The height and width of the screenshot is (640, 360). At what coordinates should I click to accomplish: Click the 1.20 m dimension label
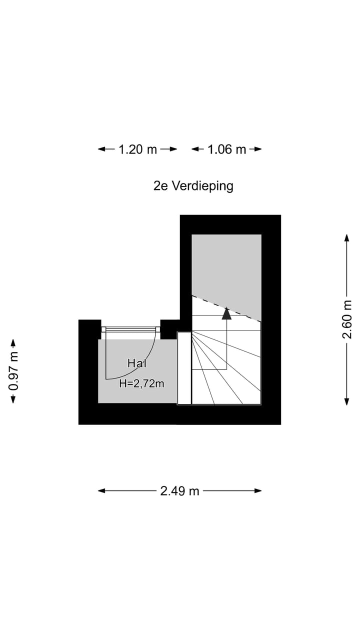pyautogui.click(x=137, y=149)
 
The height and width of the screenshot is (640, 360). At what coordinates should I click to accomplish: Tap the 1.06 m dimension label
pyautogui.click(x=227, y=149)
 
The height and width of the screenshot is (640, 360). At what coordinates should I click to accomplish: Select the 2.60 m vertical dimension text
pyautogui.click(x=347, y=319)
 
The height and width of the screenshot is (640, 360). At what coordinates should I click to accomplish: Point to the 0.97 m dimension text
pyautogui.click(x=13, y=371)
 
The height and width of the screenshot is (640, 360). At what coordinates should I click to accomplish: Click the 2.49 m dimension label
pyautogui.click(x=180, y=491)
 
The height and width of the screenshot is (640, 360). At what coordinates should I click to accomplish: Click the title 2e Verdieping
pyautogui.click(x=193, y=186)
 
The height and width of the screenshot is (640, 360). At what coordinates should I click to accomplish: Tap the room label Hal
pyautogui.click(x=137, y=363)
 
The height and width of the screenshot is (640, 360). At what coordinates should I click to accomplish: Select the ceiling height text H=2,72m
pyautogui.click(x=142, y=383)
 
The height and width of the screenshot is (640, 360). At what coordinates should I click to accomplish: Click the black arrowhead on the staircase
pyautogui.click(x=226, y=313)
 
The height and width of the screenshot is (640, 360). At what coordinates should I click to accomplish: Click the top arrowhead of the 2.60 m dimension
pyautogui.click(x=346, y=237)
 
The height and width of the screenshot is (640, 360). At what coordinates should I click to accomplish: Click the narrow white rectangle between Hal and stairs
pyautogui.click(x=184, y=368)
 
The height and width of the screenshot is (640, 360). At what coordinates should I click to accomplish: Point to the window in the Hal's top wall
pyautogui.click(x=130, y=329)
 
